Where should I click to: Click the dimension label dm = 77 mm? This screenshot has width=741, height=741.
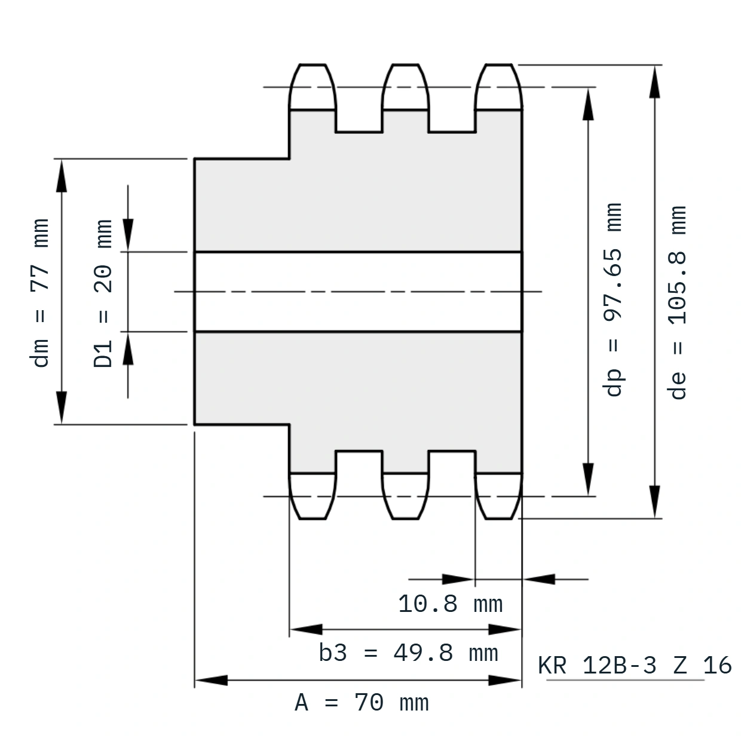click(39, 293)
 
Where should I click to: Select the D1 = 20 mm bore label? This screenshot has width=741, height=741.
click(103, 293)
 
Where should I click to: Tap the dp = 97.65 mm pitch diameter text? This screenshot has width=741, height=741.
click(612, 299)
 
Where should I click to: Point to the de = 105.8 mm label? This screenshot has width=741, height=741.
click(676, 302)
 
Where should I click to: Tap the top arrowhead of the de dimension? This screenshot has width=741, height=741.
click(654, 82)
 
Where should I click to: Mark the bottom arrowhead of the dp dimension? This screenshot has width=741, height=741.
click(588, 479)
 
